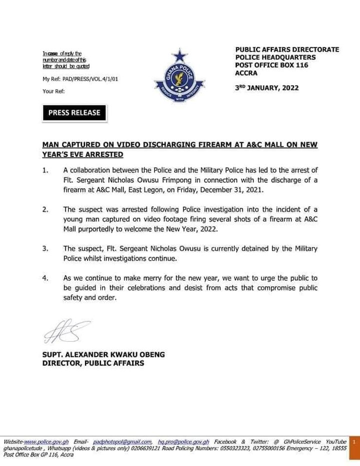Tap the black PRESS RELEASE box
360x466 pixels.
[74, 113]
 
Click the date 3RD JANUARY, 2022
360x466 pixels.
[267, 88]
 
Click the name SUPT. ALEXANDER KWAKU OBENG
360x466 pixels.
[103, 355]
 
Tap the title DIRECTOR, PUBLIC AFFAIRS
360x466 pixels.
[93, 363]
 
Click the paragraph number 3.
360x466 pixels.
[45, 248]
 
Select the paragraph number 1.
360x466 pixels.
[45, 171]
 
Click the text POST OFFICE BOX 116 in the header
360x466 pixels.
[271, 65]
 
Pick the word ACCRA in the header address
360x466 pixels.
[246, 73]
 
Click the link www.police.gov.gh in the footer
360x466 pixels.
[46, 442]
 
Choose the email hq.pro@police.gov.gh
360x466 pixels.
[183, 442]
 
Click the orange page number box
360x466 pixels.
[353, 442]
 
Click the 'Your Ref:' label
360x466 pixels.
[53, 91]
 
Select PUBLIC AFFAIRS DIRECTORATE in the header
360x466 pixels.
[287, 50]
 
